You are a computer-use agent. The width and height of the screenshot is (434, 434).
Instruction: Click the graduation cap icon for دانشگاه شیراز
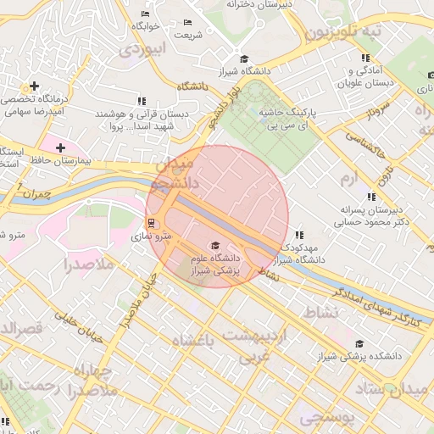click(x=244, y=58)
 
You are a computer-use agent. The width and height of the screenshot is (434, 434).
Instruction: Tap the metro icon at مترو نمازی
click(x=152, y=223)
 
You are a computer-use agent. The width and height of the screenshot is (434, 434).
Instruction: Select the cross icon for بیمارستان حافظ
click(x=60, y=147)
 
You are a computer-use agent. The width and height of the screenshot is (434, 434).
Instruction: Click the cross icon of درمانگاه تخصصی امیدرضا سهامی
click(x=34, y=86)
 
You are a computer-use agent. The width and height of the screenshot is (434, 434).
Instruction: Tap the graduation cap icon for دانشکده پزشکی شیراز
click(x=359, y=344)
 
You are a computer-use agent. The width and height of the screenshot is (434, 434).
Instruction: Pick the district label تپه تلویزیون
click(x=343, y=31)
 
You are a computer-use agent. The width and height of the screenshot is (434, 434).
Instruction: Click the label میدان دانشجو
click(x=174, y=172)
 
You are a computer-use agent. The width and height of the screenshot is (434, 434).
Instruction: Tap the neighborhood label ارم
click(x=350, y=180)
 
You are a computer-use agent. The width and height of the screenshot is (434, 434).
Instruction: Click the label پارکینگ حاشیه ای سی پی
click(x=310, y=118)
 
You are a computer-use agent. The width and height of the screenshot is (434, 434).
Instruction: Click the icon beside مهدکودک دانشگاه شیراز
click(x=298, y=235)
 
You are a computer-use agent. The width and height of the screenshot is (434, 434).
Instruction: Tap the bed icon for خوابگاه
click(x=145, y=14)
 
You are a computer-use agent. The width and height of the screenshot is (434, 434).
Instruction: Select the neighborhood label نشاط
click(x=320, y=313)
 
